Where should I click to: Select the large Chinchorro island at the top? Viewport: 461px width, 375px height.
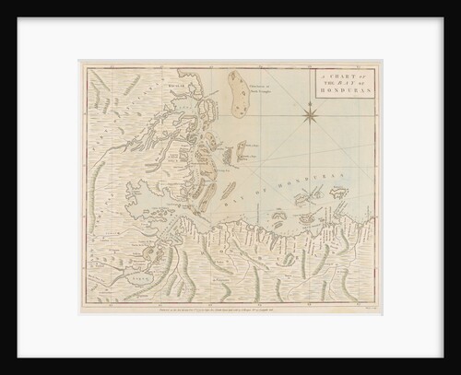(x=236, y=97)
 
